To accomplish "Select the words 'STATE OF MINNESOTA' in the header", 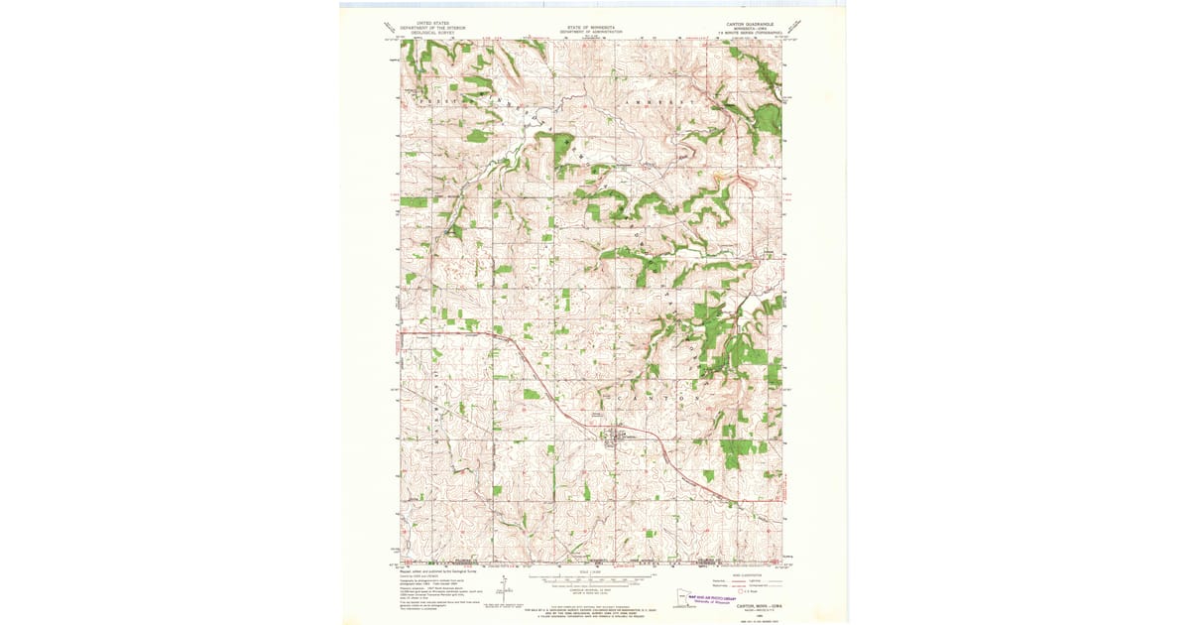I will pyautogui.click(x=591, y=27).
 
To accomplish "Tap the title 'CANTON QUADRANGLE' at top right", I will pyautogui.click(x=749, y=22).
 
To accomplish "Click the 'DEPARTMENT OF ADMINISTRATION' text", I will pyautogui.click(x=591, y=32).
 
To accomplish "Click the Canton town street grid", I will pyautogui.click(x=621, y=436).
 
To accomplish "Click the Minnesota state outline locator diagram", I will pyautogui.click(x=685, y=599).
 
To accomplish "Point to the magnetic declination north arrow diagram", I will pyautogui.click(x=505, y=589).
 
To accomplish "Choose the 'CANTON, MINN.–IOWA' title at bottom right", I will pyautogui.click(x=760, y=607).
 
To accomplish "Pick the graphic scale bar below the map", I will pyautogui.click(x=592, y=577).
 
